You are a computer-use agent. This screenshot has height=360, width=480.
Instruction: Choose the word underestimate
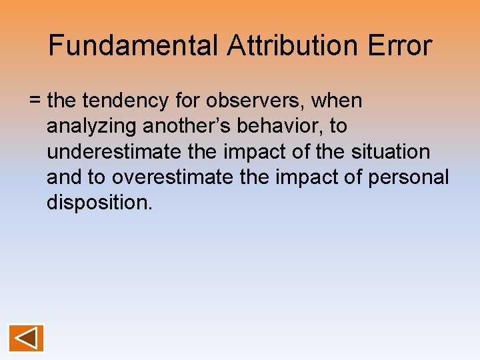(x=113, y=152)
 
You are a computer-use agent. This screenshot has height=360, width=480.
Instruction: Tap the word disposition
(x=99, y=203)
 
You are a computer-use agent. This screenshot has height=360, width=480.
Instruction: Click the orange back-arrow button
(x=26, y=338)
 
